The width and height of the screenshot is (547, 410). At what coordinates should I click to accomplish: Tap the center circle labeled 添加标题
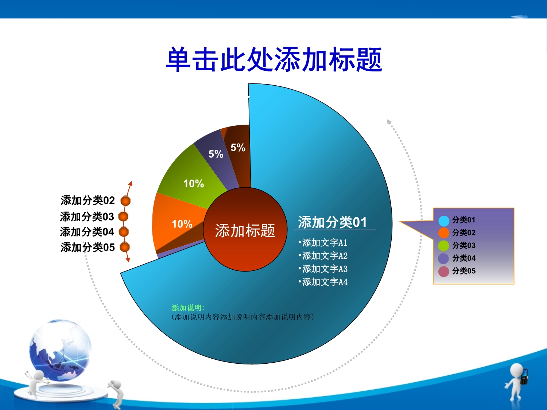coord(245,229)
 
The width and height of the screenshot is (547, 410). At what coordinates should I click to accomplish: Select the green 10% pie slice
coord(192,179)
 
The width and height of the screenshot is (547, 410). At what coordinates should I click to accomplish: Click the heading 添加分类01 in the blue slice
coord(332,222)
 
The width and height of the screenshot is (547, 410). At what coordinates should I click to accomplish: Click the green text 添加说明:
coord(188,308)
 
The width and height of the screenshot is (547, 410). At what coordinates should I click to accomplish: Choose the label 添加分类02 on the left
coord(88,200)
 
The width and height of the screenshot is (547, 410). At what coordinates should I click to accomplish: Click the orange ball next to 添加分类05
coord(125,247)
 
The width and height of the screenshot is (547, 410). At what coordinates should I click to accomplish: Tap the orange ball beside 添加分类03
coord(123,216)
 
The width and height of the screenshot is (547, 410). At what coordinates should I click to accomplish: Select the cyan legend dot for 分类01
coord(443,220)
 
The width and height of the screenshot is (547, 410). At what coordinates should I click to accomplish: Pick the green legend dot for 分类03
coord(443,246)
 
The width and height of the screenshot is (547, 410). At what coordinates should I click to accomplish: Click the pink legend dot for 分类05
coord(443,272)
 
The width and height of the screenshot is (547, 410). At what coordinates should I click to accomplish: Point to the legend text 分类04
coord(464,258)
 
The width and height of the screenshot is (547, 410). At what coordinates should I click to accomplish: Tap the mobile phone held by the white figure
coord(524,376)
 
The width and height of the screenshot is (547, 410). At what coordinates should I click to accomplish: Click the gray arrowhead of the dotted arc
coord(389,121)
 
